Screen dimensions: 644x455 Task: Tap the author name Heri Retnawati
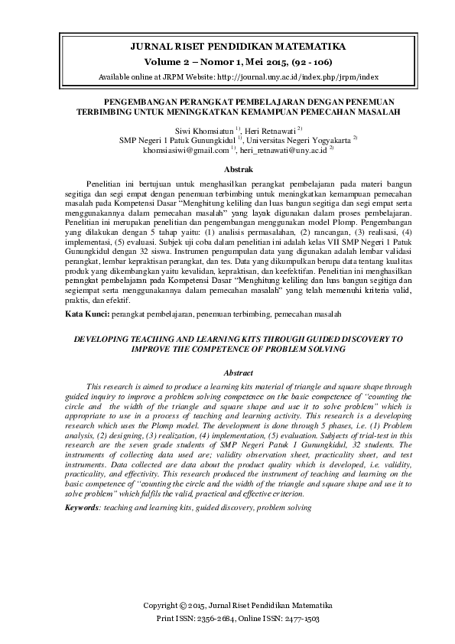pyautogui.click(x=271, y=131)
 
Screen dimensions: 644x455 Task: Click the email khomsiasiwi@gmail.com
pyautogui.click(x=202, y=151)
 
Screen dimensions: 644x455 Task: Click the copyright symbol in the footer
pyautogui.click(x=183, y=606)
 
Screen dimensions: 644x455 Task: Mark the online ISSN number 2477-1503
pyautogui.click(x=301, y=618)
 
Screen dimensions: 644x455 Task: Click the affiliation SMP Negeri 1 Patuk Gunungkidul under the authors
pyautogui.click(x=177, y=141)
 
